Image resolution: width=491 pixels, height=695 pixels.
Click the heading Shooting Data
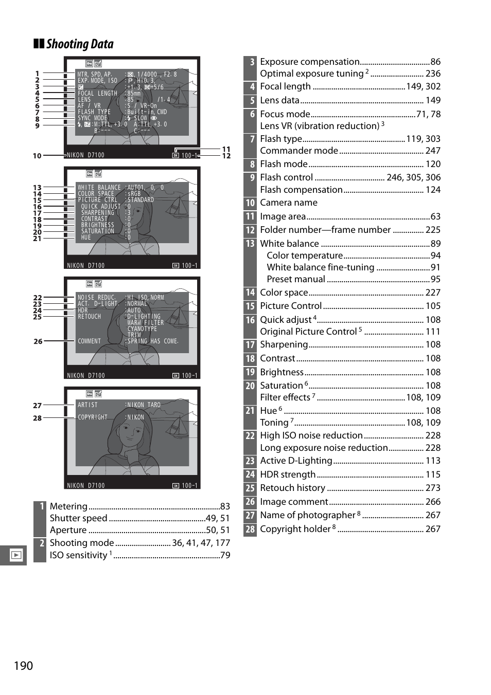click(x=80, y=44)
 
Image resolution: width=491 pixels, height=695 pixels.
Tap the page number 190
click(x=23, y=666)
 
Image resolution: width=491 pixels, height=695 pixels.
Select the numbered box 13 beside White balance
click(x=250, y=244)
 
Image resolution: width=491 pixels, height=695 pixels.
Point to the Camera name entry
click(x=289, y=203)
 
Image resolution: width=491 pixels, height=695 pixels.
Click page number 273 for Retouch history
click(x=433, y=488)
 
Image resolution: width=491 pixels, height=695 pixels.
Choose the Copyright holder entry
click(x=295, y=529)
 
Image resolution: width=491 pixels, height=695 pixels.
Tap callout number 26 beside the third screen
click(x=38, y=341)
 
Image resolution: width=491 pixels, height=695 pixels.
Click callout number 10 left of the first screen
click(x=37, y=156)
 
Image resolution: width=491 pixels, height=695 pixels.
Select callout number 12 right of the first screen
click(x=226, y=156)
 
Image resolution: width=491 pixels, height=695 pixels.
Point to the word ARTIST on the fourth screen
click(x=87, y=405)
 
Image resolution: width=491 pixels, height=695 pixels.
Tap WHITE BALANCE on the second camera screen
click(x=99, y=188)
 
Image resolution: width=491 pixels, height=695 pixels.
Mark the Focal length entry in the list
click(x=286, y=86)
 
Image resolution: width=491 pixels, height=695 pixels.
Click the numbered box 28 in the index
click(x=250, y=529)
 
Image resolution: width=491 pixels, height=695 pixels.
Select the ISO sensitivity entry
click(x=78, y=555)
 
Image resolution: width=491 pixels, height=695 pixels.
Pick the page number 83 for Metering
click(x=225, y=506)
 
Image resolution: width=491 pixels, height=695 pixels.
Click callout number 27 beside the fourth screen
click(x=38, y=406)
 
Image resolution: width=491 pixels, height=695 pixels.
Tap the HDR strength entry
click(x=288, y=474)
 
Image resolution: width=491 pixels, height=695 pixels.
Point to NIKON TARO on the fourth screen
click(x=144, y=405)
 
